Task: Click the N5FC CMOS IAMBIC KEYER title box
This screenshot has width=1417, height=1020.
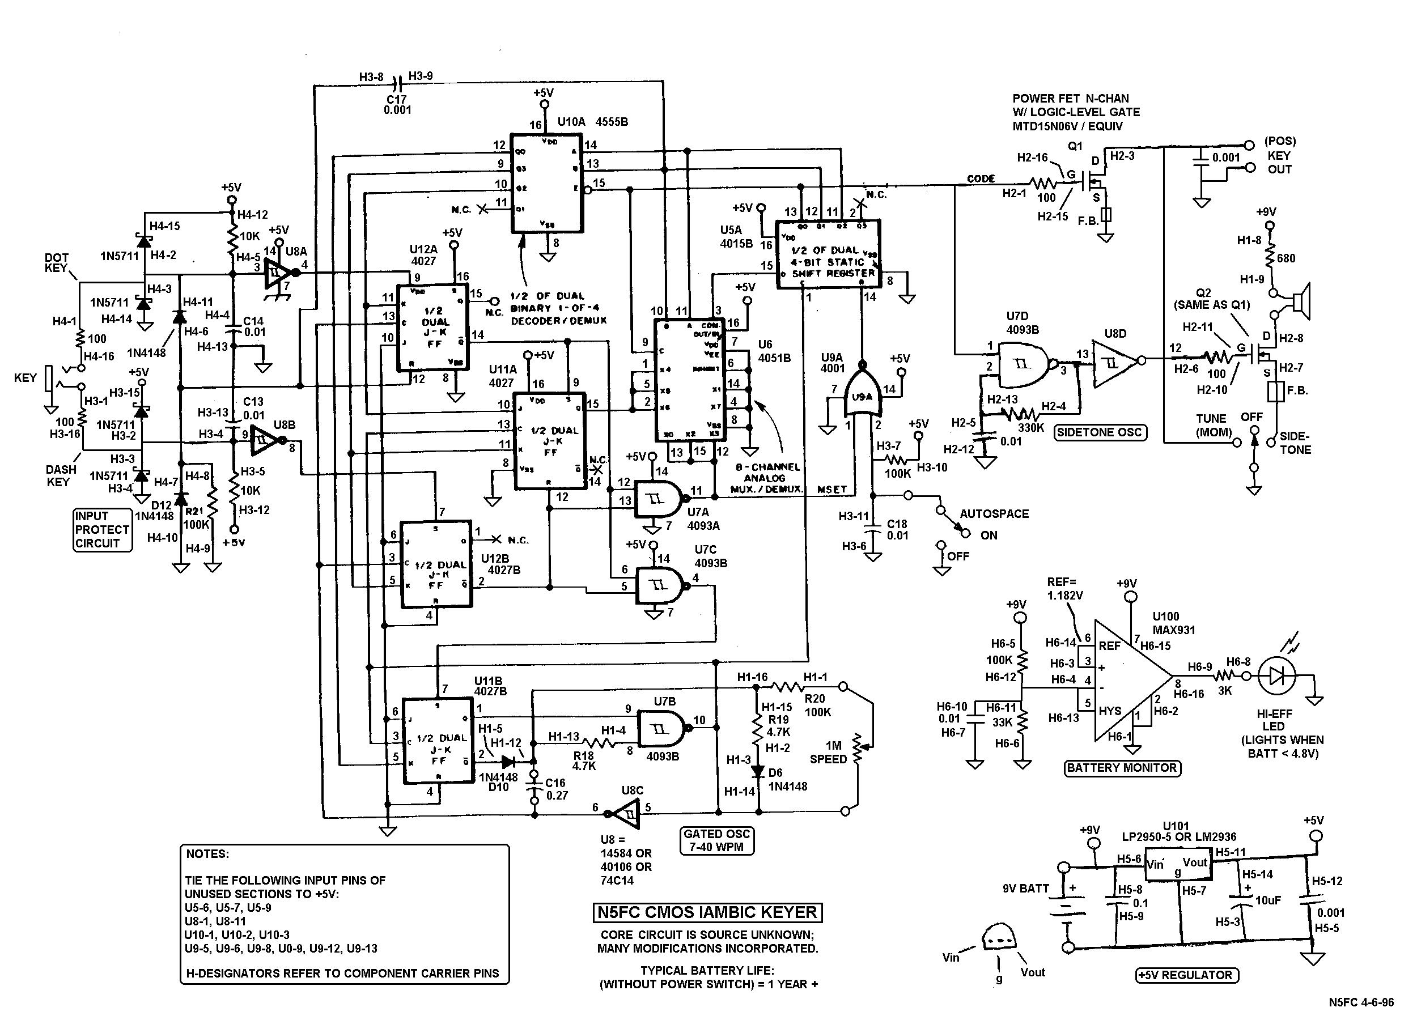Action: click(x=707, y=912)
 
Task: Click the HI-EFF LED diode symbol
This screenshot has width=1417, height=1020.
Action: click(x=1276, y=676)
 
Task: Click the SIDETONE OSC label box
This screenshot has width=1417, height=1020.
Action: click(x=1100, y=432)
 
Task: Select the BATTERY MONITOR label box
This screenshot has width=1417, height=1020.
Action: click(x=1122, y=768)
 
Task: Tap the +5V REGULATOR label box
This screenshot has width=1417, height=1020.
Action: click(x=1185, y=975)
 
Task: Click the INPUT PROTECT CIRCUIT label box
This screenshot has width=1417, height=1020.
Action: click(x=103, y=530)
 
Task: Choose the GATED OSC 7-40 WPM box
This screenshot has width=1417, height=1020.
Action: click(x=716, y=841)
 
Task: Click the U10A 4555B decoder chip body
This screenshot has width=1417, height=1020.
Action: click(x=547, y=182)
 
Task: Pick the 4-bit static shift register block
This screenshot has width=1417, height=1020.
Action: click(x=828, y=254)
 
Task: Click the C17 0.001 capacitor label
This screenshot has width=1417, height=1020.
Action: click(x=397, y=105)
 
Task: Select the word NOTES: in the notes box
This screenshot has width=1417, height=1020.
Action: click(x=207, y=854)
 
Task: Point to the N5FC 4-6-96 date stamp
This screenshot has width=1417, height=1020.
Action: click(x=1361, y=1002)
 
